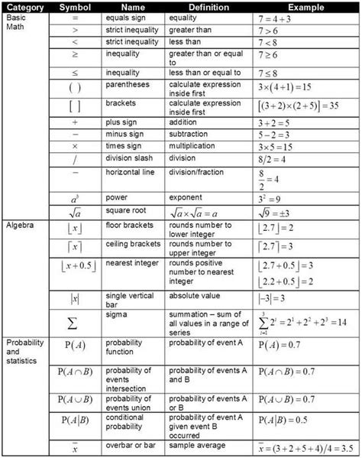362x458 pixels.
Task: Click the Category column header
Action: point(24,6)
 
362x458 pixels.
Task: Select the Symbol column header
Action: point(74,6)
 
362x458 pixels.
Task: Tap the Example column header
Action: point(305,6)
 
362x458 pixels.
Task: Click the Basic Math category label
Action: point(18,22)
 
